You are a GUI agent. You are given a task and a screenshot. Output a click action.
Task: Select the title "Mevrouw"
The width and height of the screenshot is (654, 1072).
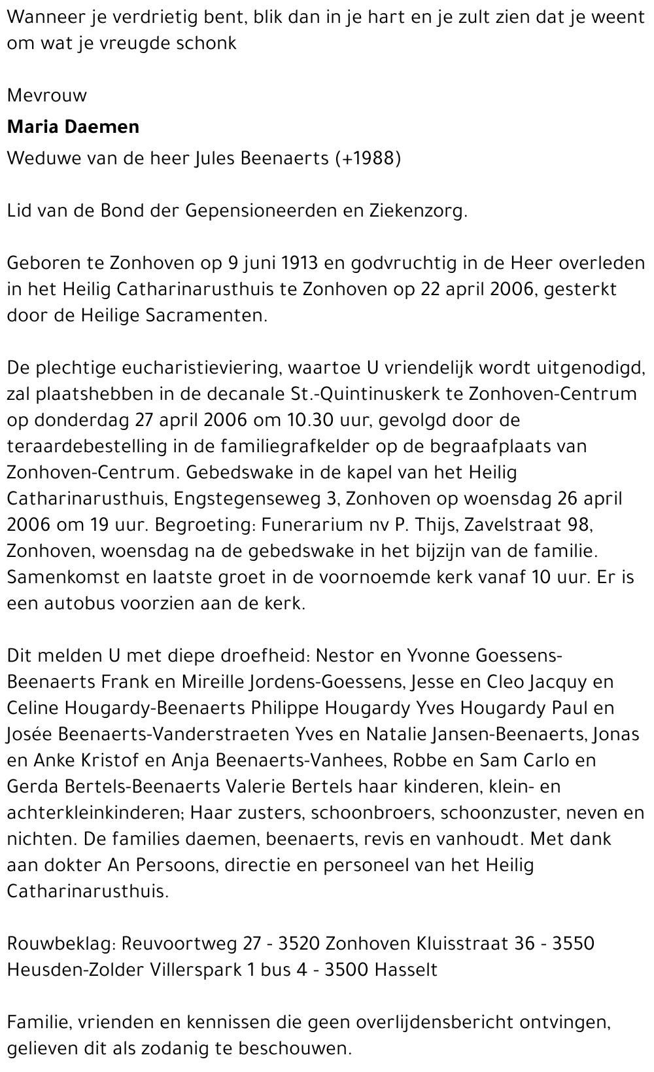(47, 96)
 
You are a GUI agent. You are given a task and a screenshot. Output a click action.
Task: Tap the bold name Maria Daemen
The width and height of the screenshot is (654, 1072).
(73, 126)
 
